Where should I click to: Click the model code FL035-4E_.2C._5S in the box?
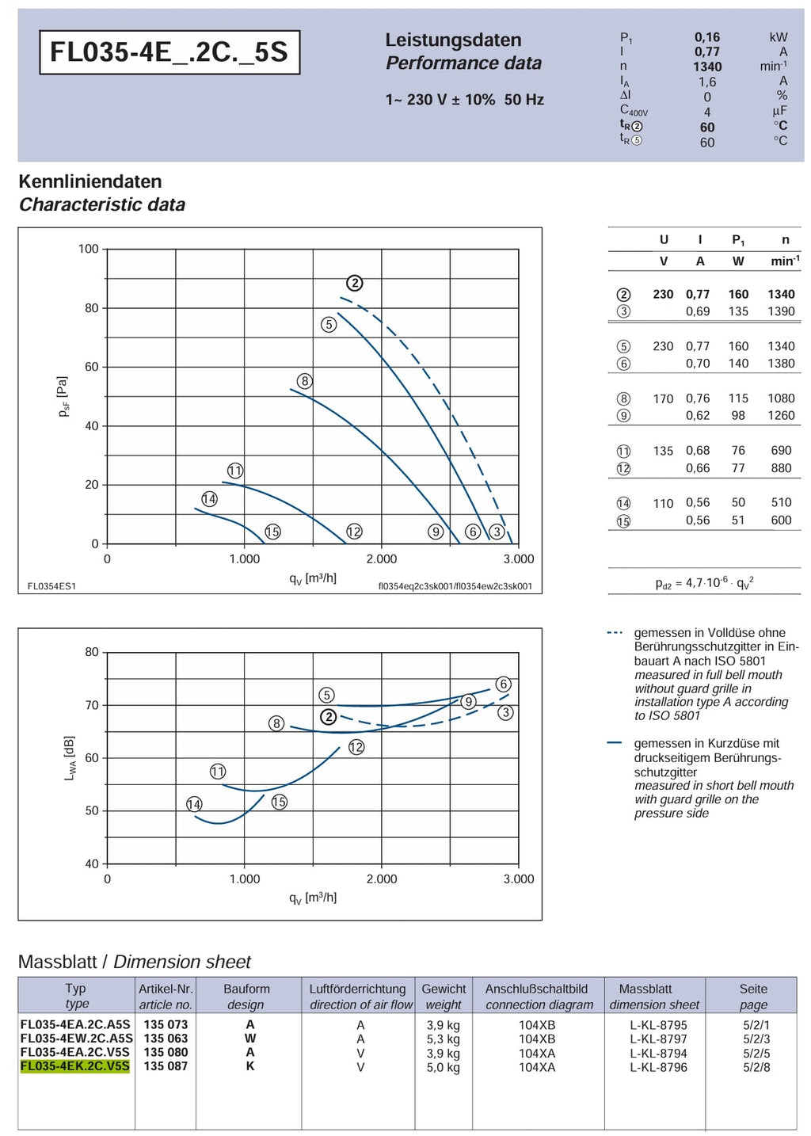tap(169, 52)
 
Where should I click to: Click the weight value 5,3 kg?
tap(443, 1039)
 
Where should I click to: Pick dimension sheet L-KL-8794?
tap(658, 1053)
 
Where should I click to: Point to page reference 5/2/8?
tap(756, 1067)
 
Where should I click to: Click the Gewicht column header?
tap(444, 989)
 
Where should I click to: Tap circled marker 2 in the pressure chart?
tap(354, 283)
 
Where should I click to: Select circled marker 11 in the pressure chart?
tap(234, 471)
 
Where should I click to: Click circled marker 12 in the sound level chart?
tap(356, 747)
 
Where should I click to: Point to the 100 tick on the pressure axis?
tap(88, 249)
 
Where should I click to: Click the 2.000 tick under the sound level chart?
tap(382, 879)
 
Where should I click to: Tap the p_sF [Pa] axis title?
tap(63, 397)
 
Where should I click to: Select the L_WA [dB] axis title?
tap(70, 758)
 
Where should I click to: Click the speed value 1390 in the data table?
tap(781, 311)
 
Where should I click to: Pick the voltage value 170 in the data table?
tap(663, 398)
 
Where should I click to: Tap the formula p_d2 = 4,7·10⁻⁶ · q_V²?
tap(704, 583)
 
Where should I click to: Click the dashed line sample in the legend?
tap(615, 633)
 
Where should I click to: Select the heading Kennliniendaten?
tap(90, 181)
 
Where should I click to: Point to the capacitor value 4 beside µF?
tap(707, 112)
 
